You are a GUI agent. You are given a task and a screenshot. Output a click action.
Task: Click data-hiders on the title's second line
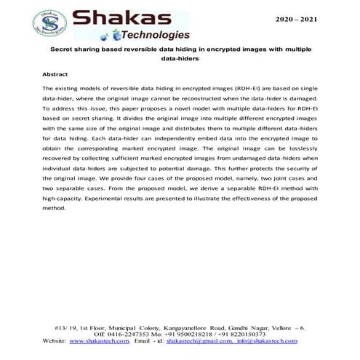[180, 60]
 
